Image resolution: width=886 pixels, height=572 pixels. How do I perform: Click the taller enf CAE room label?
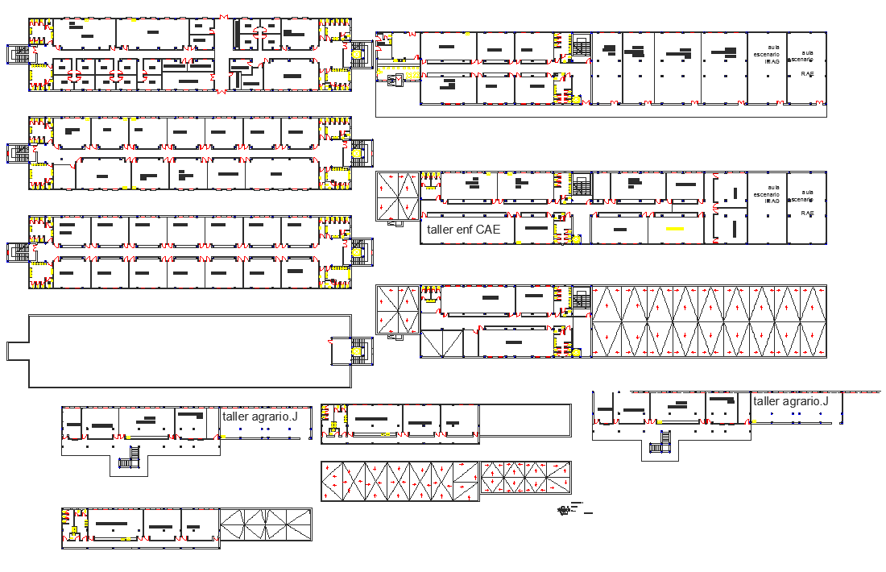click(463, 230)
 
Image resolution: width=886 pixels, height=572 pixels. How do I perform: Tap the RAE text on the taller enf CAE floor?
click(807, 213)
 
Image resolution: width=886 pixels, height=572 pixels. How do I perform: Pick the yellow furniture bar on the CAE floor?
click(675, 230)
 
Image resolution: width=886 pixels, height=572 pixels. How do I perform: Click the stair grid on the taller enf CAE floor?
click(582, 186)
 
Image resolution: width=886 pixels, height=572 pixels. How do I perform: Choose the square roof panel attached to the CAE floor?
click(398, 196)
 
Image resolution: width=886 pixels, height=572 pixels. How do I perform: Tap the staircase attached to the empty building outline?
click(357, 351)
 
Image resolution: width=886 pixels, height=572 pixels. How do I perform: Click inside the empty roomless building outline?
click(177, 350)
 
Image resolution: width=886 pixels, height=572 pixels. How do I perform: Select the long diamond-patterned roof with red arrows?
click(709, 321)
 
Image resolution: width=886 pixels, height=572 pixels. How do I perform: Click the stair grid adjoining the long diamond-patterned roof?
click(582, 300)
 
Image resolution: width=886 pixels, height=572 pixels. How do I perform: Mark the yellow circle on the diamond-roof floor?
click(577, 353)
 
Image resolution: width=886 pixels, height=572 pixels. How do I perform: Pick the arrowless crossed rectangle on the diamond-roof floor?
click(441, 343)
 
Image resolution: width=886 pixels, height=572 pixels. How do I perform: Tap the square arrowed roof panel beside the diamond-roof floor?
click(398, 309)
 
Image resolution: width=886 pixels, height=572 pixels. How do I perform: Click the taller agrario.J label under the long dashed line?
click(797, 401)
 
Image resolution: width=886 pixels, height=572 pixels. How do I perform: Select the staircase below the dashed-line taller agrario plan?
click(660, 442)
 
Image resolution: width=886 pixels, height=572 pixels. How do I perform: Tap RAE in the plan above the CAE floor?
click(807, 73)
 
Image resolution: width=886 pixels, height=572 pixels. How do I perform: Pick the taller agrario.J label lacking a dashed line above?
click(259, 417)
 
